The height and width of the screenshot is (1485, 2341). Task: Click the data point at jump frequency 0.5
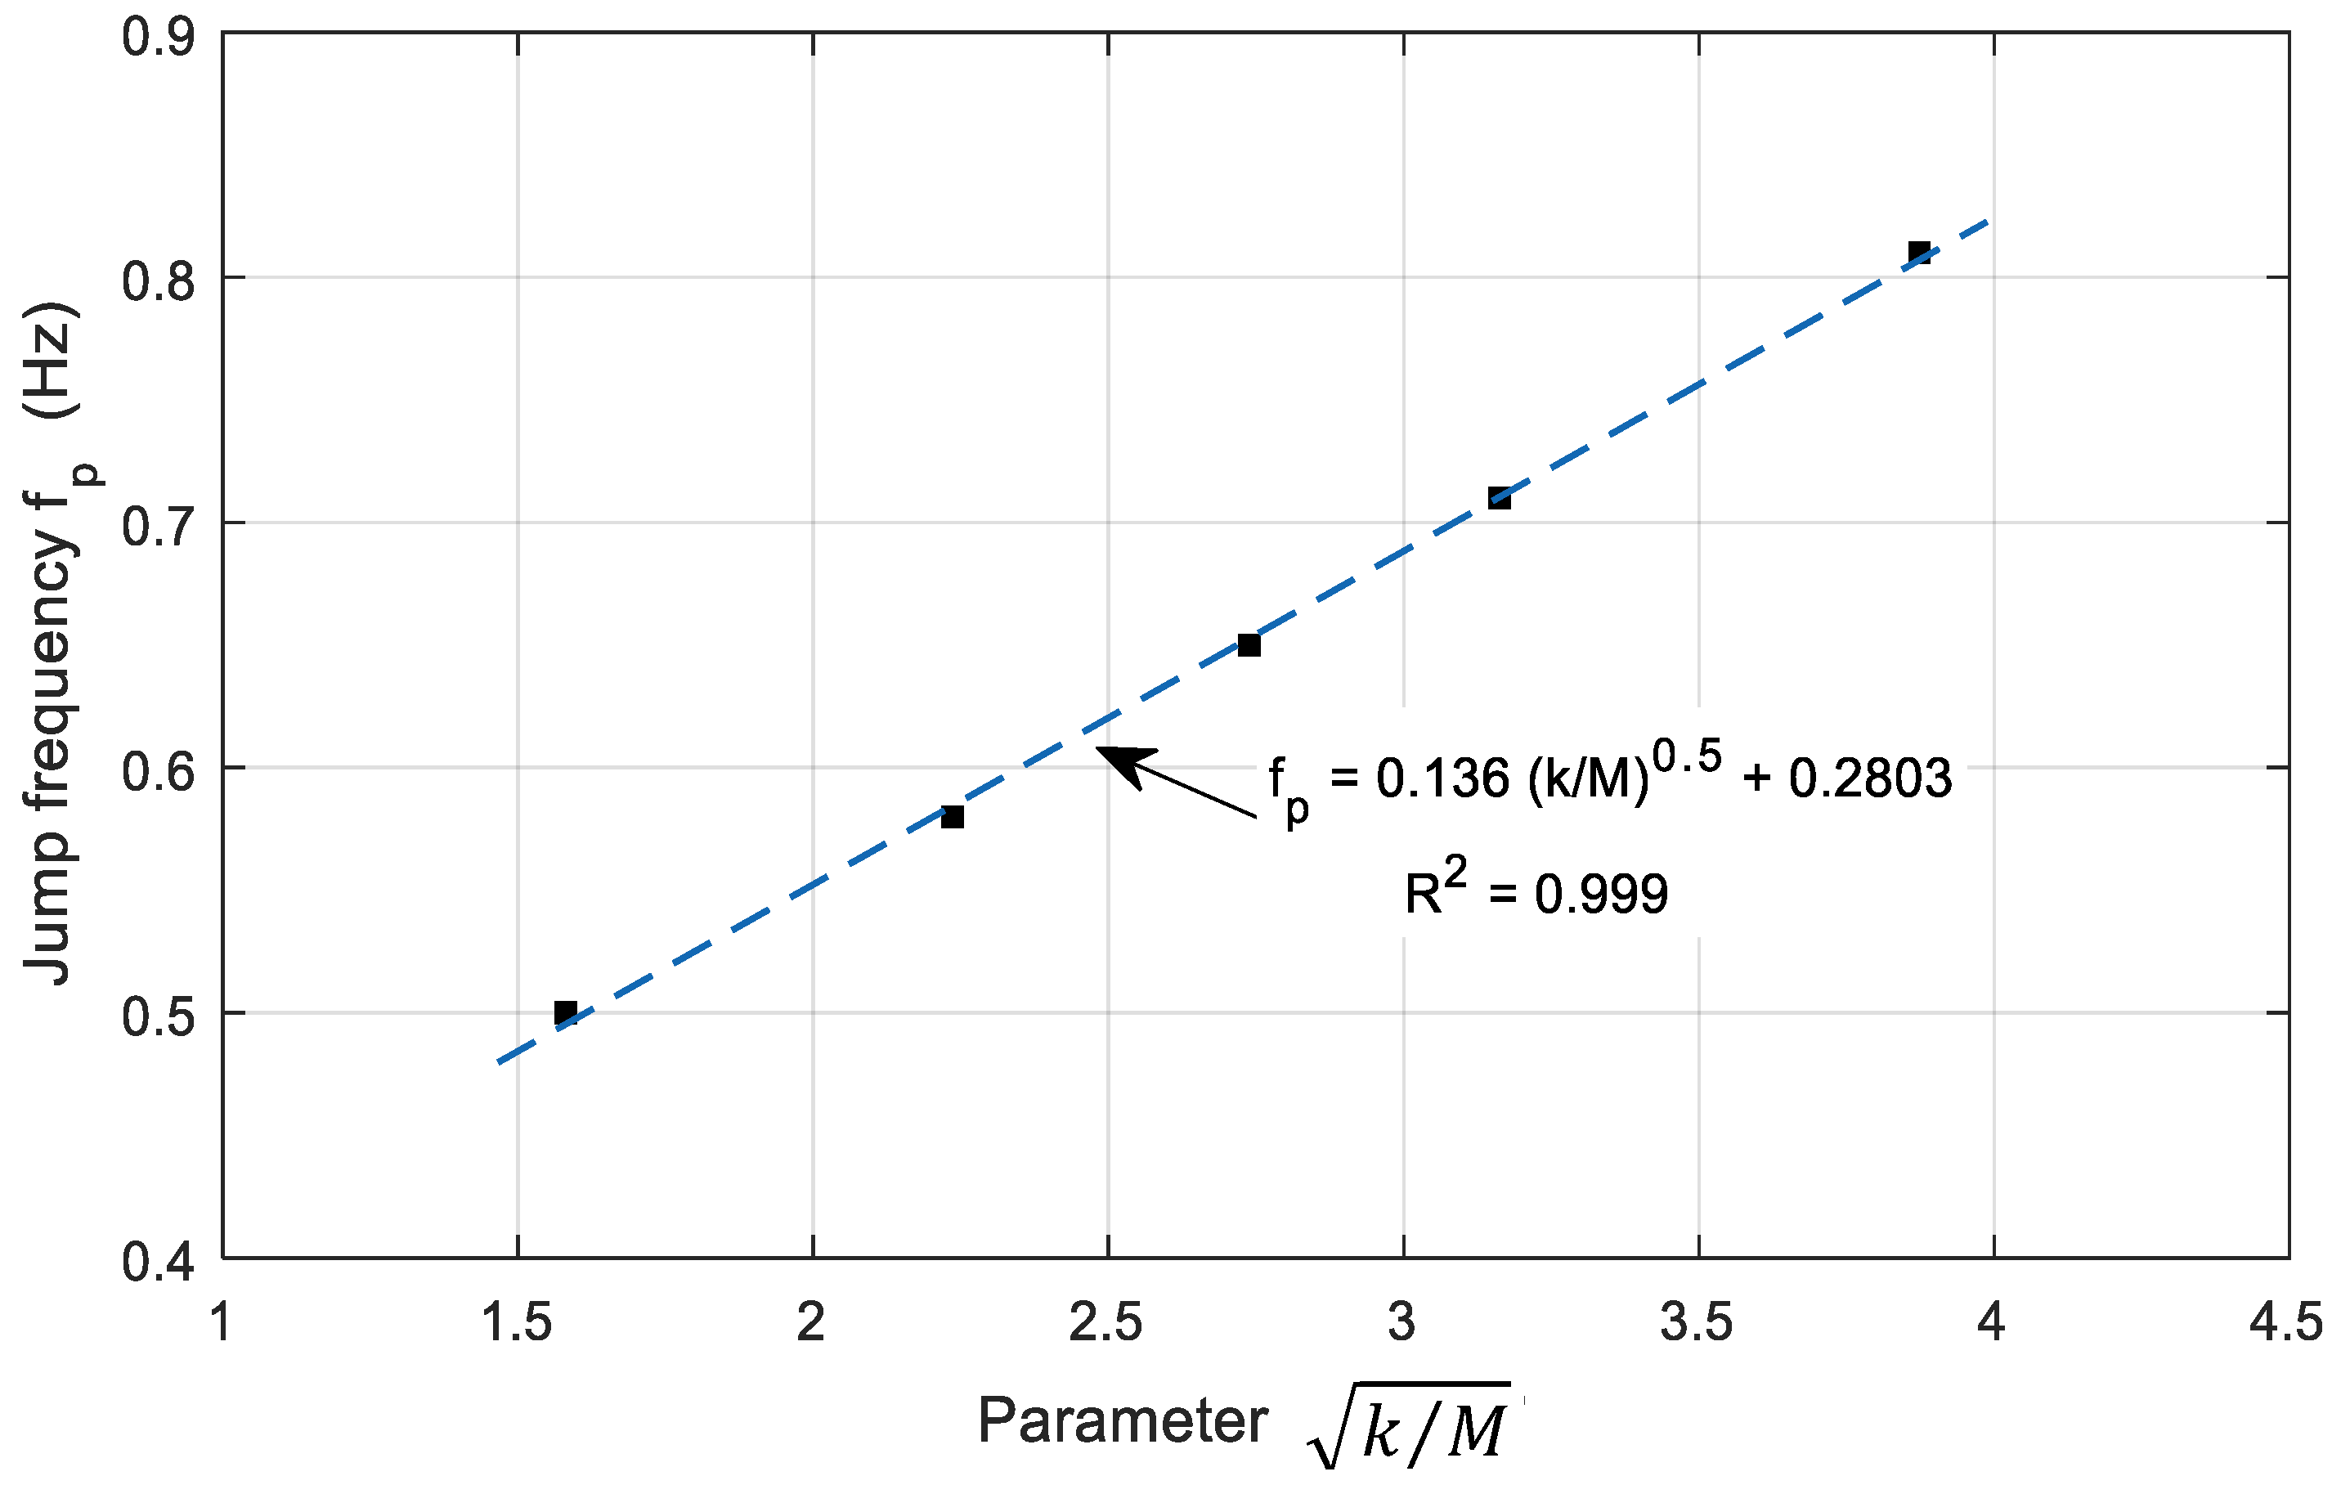pos(565,1012)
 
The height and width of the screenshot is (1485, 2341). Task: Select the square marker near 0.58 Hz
pos(952,817)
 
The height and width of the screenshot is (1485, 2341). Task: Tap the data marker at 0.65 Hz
pos(1249,644)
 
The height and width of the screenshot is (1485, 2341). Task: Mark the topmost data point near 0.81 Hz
pos(1918,253)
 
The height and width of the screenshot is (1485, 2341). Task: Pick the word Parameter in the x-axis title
pos(1123,1421)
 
